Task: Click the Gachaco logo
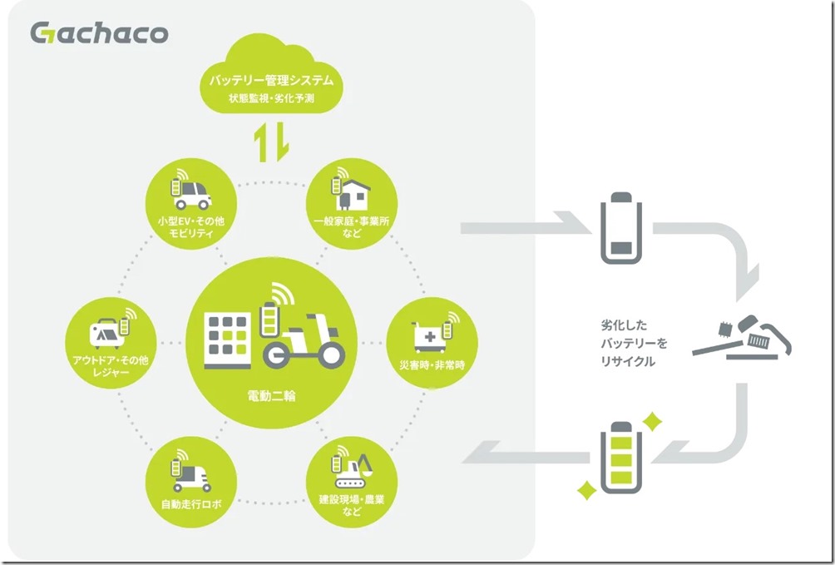[x=98, y=33]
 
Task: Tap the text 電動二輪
[x=272, y=395]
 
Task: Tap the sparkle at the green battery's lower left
[x=586, y=488]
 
